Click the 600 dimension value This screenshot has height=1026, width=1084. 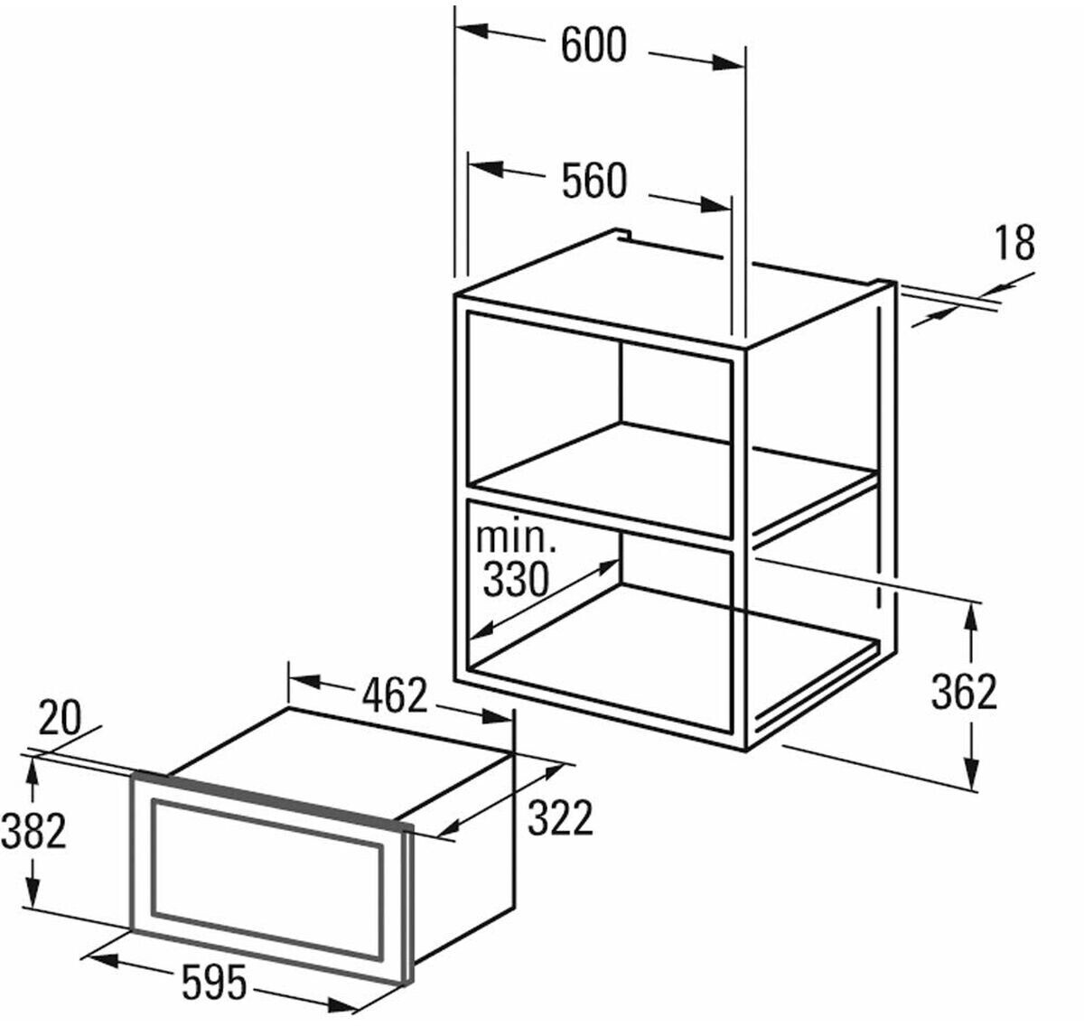tap(593, 46)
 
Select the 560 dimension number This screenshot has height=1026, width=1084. tap(593, 182)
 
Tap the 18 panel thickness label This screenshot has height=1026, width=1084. tap(1014, 243)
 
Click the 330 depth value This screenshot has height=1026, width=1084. tap(516, 579)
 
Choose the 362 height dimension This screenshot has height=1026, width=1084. tap(964, 692)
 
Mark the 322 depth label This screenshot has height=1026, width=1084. tap(560, 818)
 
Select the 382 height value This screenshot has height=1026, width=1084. tap(33, 831)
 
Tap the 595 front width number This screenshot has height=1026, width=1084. tap(213, 983)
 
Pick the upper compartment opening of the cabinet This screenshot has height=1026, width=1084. tap(596, 424)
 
